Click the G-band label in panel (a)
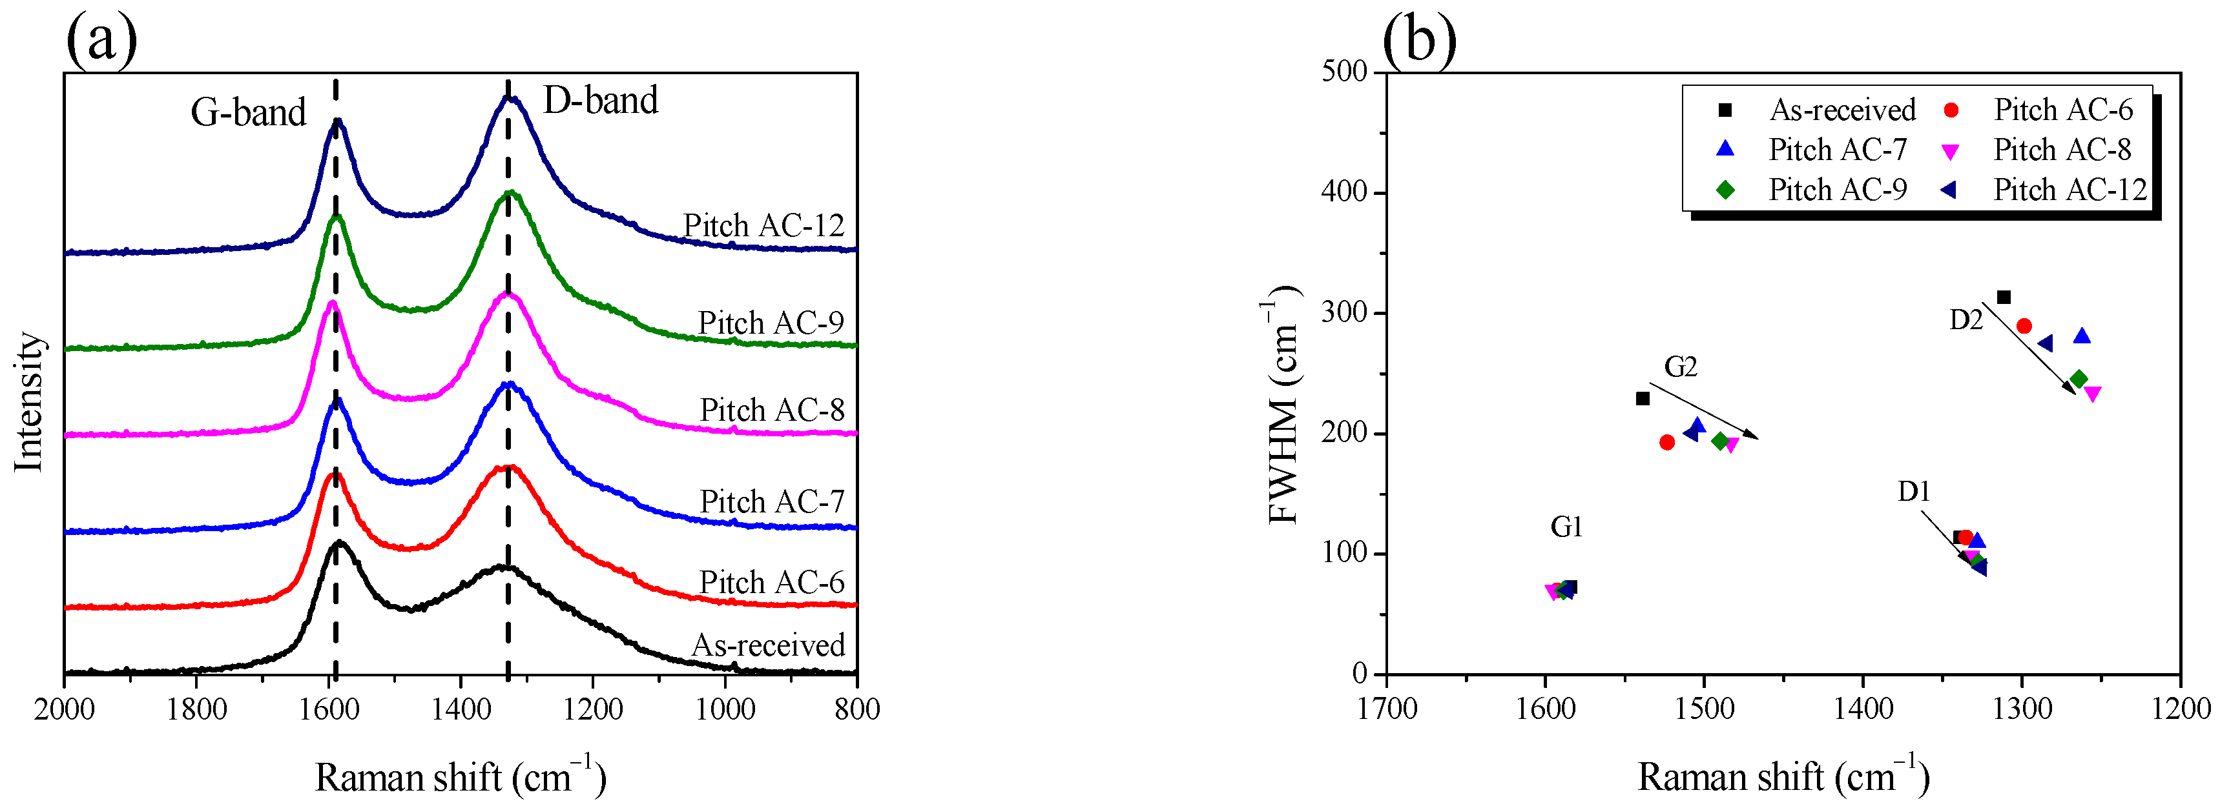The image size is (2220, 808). (248, 113)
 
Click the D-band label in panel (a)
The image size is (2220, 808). (601, 101)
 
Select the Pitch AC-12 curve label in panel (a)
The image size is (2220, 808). (763, 226)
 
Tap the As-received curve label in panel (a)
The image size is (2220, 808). (768, 645)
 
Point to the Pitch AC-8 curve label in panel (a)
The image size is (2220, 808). (771, 410)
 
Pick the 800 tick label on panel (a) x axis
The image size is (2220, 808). (856, 710)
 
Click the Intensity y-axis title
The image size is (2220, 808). (29, 402)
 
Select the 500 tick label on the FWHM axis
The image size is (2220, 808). (1345, 72)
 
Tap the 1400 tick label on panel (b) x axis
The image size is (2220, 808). (1863, 709)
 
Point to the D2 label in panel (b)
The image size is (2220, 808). (1966, 321)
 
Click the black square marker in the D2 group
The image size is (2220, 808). (2004, 297)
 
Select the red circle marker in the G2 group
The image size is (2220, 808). (1666, 443)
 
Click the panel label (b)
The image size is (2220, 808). (1418, 39)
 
